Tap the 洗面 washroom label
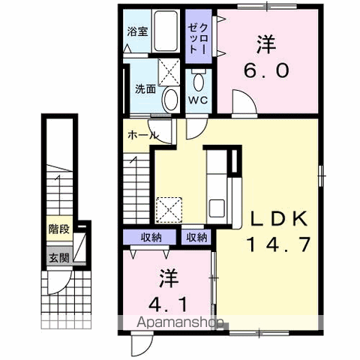(x=145, y=88)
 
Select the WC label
(x=198, y=100)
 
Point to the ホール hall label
(x=142, y=136)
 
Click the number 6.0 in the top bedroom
(x=265, y=70)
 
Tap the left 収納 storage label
(x=151, y=238)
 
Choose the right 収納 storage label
(x=196, y=238)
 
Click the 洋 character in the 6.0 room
(x=265, y=43)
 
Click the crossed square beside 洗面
(x=169, y=73)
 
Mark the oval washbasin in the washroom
(x=171, y=98)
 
